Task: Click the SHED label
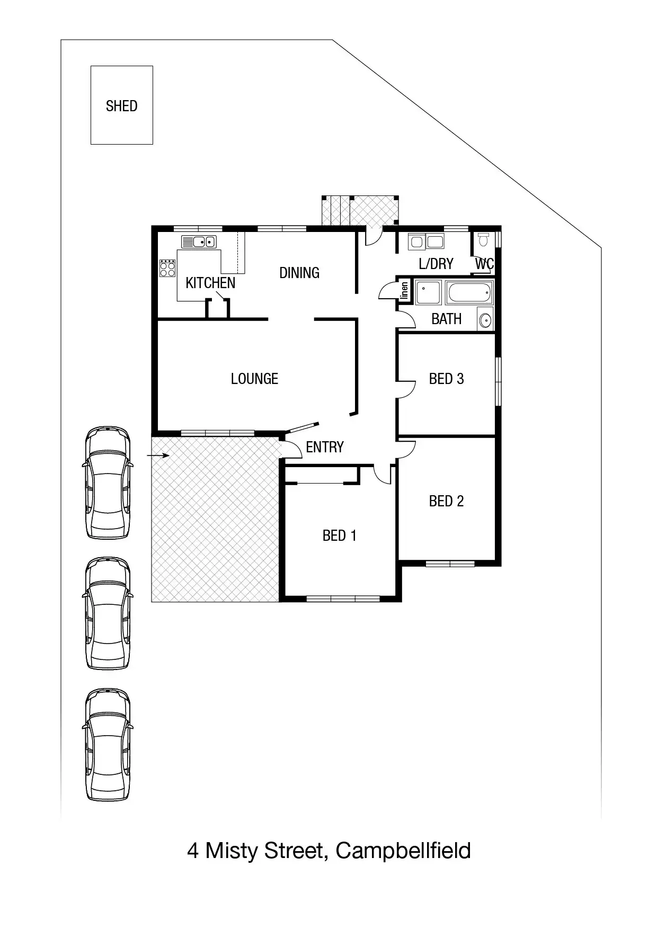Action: tap(121, 106)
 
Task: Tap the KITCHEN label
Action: tap(210, 283)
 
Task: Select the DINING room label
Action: tap(299, 273)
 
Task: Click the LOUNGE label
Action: tap(254, 379)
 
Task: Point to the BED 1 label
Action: tap(339, 535)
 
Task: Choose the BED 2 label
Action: tap(446, 501)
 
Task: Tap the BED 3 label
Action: tap(446, 379)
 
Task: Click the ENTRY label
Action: tap(325, 447)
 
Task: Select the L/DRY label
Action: tap(436, 264)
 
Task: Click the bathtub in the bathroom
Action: tap(469, 293)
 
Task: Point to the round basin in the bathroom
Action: tap(485, 320)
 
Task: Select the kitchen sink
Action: tap(199, 242)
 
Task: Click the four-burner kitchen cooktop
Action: tap(167, 268)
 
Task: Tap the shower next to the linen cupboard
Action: tap(428, 293)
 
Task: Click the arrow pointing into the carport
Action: tap(158, 455)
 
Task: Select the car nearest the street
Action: tap(108, 744)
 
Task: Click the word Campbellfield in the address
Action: tap(403, 851)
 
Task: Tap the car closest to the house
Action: tap(108, 483)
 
